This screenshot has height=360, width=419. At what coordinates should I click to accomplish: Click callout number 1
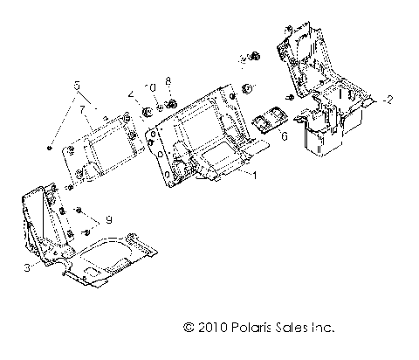[255, 177]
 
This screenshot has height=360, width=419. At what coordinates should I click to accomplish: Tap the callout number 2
[389, 100]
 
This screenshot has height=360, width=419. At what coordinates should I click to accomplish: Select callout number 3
[26, 269]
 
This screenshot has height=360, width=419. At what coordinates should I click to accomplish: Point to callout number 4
[131, 94]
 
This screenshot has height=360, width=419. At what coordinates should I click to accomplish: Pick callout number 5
[77, 86]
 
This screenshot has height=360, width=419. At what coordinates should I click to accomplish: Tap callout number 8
[168, 81]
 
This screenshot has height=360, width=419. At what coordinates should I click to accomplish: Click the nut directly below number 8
[171, 104]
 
